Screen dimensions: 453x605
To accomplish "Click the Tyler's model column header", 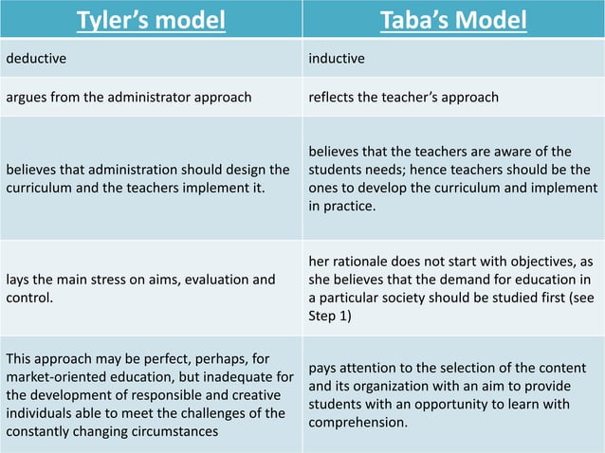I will click(x=152, y=20).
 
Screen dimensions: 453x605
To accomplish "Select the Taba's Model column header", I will click(x=453, y=20).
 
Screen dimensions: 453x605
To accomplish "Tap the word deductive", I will click(x=38, y=59).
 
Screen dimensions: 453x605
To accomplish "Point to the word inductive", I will click(x=337, y=59).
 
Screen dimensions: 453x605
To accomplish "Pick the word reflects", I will click(x=332, y=96).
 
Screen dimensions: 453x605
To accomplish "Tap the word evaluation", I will click(x=200, y=280).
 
